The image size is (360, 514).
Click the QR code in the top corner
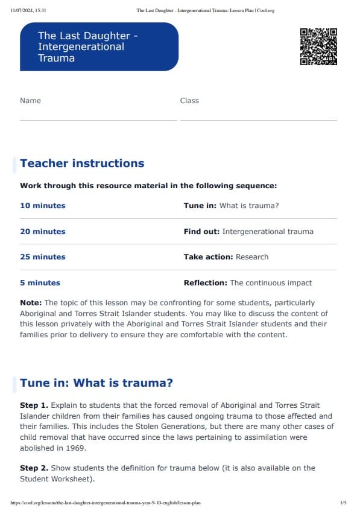(x=318, y=46)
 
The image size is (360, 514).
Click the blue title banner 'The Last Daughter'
(x=99, y=47)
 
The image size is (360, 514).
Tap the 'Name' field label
(x=30, y=101)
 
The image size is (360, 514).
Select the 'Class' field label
(x=189, y=101)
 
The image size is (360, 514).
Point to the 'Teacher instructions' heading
(x=82, y=163)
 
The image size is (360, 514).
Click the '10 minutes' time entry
(x=43, y=206)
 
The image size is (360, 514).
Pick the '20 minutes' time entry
(x=43, y=232)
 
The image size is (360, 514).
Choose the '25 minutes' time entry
(x=43, y=257)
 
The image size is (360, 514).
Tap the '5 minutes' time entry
(x=40, y=282)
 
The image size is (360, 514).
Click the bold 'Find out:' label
(x=201, y=232)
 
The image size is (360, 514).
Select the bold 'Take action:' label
(x=208, y=257)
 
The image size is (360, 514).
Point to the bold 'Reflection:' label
(x=205, y=282)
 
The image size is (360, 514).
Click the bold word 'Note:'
(x=31, y=303)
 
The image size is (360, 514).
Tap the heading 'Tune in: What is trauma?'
(x=96, y=383)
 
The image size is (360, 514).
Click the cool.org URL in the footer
(x=106, y=502)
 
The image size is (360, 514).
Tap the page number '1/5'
(x=343, y=502)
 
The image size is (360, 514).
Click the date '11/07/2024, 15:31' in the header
(x=30, y=10)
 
